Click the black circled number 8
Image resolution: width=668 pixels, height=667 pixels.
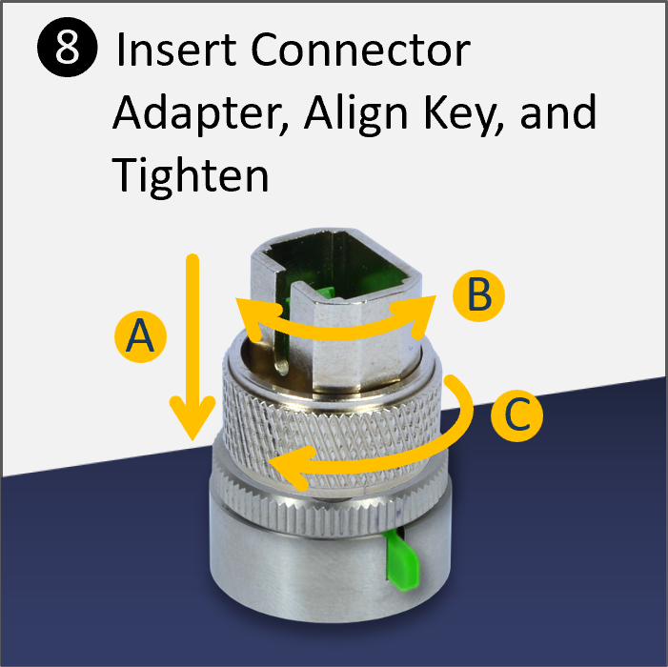pos(66,51)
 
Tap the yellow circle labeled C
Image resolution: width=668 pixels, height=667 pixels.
pos(516,415)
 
